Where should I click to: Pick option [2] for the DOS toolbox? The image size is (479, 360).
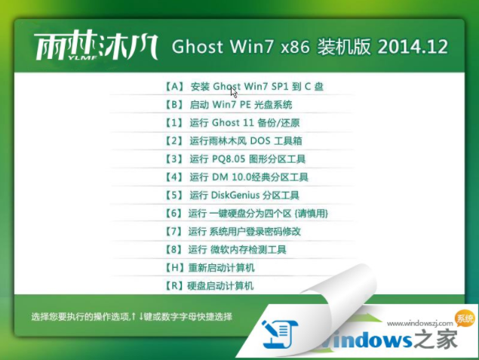[239, 140]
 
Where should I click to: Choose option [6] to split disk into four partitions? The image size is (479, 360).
[246, 214]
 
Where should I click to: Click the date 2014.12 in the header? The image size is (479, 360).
[413, 47]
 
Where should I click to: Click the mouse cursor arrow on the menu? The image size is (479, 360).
[234, 91]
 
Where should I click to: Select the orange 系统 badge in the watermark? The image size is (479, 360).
[465, 318]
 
